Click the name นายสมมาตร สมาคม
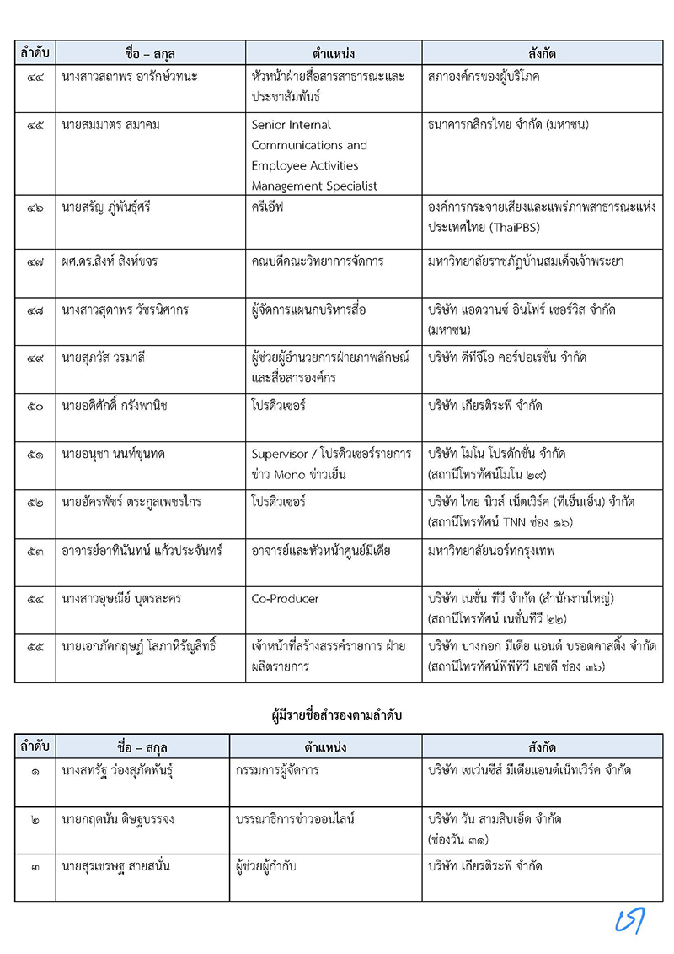click(x=110, y=126)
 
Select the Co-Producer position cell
click(x=285, y=599)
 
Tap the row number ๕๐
click(x=35, y=406)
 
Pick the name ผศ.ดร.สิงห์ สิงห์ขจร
click(x=110, y=261)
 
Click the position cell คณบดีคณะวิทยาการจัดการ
click(x=318, y=261)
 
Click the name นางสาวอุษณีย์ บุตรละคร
click(x=121, y=599)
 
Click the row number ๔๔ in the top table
click(x=35, y=77)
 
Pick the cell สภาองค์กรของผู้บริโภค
click(x=484, y=77)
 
